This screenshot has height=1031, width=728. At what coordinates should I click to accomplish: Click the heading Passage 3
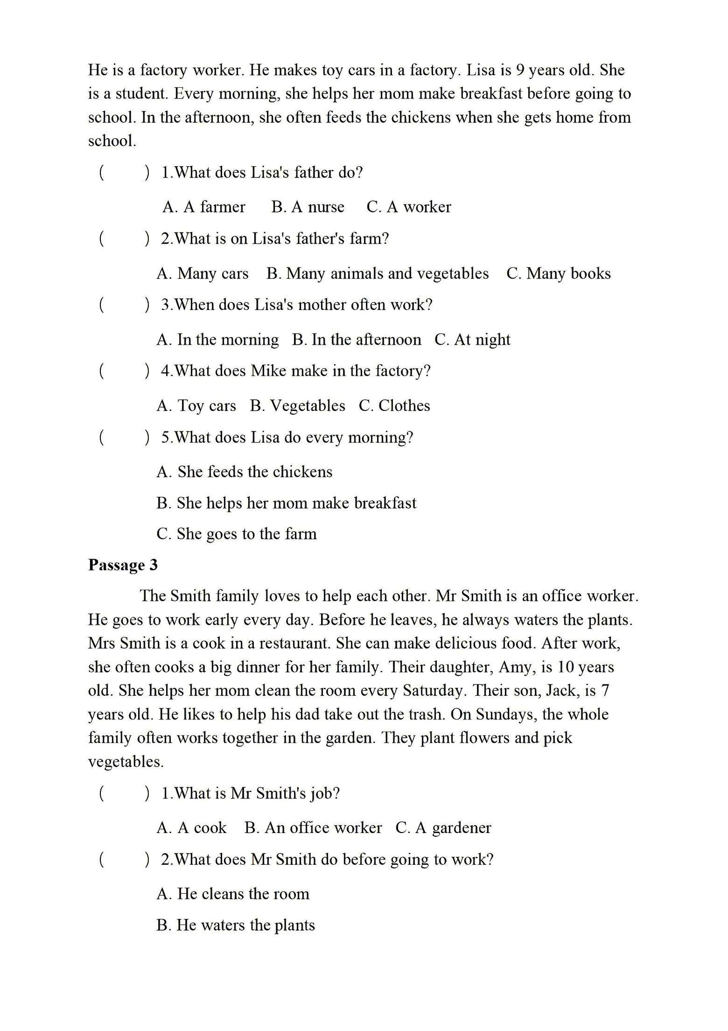pos(123,565)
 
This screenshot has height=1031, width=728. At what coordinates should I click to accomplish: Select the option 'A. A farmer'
pos(204,207)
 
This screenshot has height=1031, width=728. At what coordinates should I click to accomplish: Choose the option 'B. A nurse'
pos(308,207)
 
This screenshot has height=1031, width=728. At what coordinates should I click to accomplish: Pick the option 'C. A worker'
pos(409,207)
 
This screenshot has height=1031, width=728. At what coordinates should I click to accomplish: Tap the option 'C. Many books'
pos(558,274)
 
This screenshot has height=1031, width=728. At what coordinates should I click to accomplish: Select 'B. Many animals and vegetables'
pos(377,274)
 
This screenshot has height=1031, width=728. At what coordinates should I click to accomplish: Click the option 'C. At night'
pos(472,339)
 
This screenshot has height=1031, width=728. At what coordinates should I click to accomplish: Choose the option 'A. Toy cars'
pos(196,406)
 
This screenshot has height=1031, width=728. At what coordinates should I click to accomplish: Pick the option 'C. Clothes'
pos(394,406)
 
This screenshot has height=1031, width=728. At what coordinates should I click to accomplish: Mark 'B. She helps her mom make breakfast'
pos(286,503)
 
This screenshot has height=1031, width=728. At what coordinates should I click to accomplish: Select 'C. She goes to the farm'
pos(237,534)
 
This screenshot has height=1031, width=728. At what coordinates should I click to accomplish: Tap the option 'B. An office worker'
pos(313,828)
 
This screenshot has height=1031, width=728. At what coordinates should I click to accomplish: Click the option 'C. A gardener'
pos(443,828)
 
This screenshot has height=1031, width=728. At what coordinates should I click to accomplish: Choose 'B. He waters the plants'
pos(236,925)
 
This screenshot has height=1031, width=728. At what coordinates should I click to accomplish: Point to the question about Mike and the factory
pos(296,371)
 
